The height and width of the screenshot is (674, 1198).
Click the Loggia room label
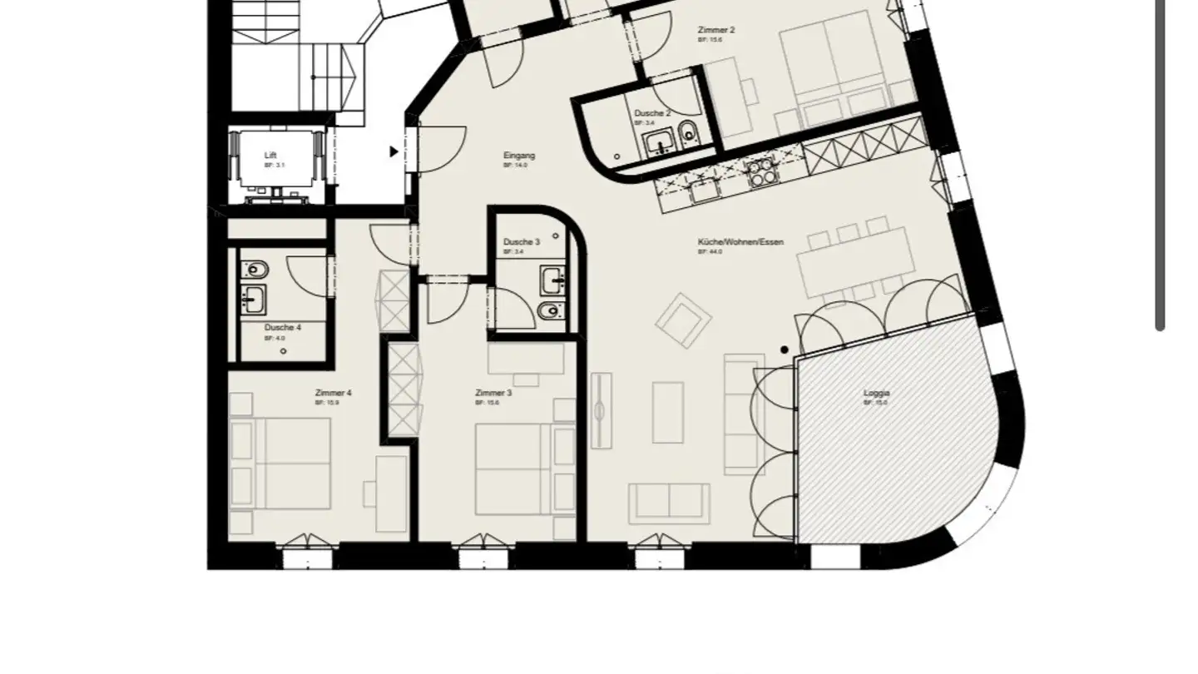click(x=876, y=393)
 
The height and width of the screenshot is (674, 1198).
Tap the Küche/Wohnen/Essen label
click(x=740, y=242)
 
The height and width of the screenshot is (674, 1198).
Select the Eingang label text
click(x=519, y=156)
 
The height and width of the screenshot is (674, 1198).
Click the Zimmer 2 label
click(x=715, y=30)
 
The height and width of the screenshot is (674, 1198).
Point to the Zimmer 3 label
click(x=493, y=393)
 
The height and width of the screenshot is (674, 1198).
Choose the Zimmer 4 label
click(x=333, y=393)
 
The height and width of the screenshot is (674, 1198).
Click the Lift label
click(x=270, y=156)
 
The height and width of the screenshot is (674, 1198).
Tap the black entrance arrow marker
click(x=394, y=151)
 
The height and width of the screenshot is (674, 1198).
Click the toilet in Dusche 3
click(x=549, y=311)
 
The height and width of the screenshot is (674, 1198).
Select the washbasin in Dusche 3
click(x=552, y=280)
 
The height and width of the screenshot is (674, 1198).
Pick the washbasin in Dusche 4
click(x=253, y=298)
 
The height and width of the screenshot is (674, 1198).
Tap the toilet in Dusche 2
click(x=688, y=131)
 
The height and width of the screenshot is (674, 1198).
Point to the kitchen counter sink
click(x=704, y=191)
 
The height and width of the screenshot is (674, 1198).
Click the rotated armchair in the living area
click(x=683, y=320)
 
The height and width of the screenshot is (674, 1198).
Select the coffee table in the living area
click(x=667, y=413)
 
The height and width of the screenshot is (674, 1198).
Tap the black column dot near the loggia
click(x=785, y=350)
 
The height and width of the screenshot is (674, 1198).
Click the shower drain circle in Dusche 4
click(x=284, y=351)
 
